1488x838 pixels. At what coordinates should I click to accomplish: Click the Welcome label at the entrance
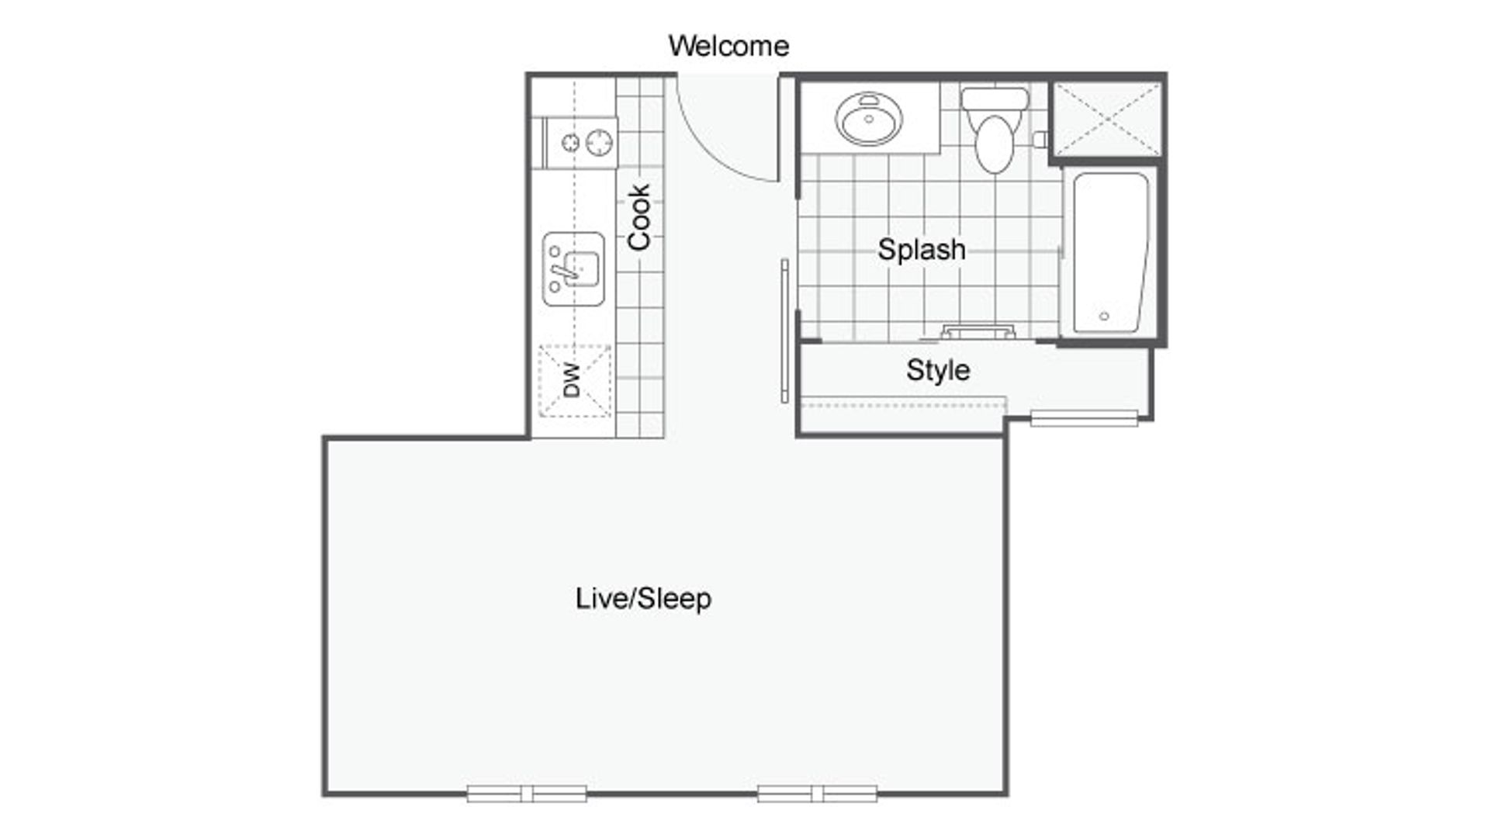point(728,46)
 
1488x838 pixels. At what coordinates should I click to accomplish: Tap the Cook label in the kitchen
point(639,217)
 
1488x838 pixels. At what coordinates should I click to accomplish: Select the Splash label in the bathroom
point(922,250)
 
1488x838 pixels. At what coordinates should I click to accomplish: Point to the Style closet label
point(938,370)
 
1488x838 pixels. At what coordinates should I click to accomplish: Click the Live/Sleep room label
point(643,598)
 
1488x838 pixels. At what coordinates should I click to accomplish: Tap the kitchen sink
point(574,268)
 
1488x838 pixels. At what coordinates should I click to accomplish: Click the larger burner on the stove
point(599,143)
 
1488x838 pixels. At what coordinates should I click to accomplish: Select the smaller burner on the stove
point(570,143)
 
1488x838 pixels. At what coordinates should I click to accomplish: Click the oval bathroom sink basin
point(869,119)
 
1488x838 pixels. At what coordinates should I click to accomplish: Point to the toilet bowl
point(995,145)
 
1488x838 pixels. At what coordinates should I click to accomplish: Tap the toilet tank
point(995,99)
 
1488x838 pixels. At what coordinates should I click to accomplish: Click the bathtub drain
point(1104,316)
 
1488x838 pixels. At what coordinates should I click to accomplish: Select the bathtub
point(1110,254)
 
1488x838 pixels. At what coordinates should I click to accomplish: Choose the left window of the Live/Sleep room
point(527,793)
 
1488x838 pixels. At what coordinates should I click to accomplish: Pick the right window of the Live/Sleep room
point(818,793)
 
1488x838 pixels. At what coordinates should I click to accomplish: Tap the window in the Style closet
point(1084,419)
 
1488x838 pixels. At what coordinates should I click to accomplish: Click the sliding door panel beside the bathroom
point(785,331)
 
